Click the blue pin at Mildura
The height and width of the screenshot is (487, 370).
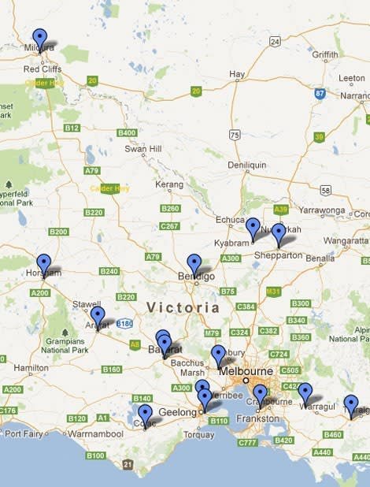[39, 37]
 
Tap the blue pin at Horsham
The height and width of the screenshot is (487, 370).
[43, 262]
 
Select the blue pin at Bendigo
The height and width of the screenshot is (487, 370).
[194, 262]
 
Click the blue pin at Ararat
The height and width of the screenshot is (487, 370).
[97, 315]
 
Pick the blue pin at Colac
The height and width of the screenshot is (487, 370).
[145, 413]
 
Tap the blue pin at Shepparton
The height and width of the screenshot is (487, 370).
[278, 232]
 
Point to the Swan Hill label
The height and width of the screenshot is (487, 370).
[142, 149]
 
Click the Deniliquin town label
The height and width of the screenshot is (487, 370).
[247, 165]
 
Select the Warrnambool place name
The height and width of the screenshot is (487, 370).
[94, 434]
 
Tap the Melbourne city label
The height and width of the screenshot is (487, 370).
[246, 371]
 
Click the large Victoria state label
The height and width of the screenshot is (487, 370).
[183, 307]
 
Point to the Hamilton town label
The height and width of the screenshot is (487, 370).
[31, 368]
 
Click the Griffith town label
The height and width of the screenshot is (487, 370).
[324, 55]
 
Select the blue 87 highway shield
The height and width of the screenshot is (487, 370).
[320, 93]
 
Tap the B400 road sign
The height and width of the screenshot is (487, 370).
[127, 132]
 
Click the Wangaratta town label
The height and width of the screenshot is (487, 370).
[345, 240]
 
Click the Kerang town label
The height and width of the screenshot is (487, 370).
[168, 184]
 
